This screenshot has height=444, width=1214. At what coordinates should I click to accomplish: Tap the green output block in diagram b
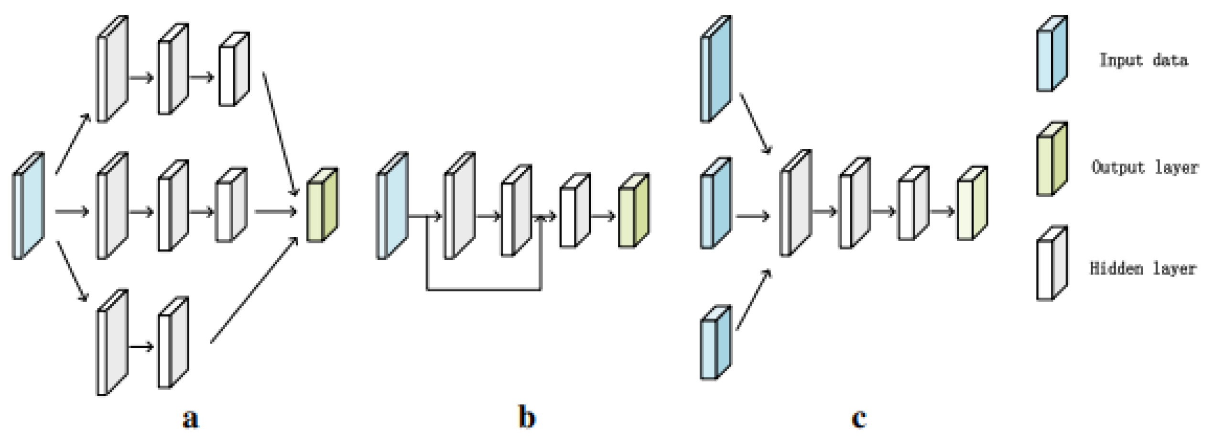click(634, 211)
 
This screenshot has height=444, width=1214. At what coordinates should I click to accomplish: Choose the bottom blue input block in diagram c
click(715, 343)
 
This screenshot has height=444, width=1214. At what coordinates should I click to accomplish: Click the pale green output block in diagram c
click(972, 203)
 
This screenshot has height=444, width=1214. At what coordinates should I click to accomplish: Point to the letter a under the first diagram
click(190, 418)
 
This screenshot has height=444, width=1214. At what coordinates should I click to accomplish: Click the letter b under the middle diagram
click(527, 417)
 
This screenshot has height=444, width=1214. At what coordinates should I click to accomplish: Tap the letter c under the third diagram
click(858, 418)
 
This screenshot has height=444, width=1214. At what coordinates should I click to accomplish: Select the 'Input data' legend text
click(1143, 60)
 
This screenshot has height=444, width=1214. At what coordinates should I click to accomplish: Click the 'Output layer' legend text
click(1145, 167)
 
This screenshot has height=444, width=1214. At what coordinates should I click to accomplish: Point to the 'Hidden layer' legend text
click(1143, 268)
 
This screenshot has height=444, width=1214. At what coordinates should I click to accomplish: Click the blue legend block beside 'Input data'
click(1051, 54)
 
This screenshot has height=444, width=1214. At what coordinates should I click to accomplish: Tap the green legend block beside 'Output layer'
click(1051, 159)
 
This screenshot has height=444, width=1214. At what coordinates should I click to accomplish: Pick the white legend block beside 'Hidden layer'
click(1051, 264)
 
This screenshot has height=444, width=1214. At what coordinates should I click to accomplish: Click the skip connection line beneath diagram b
click(483, 289)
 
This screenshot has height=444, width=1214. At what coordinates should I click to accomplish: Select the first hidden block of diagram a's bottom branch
click(112, 343)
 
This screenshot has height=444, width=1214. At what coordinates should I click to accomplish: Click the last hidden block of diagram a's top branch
click(234, 69)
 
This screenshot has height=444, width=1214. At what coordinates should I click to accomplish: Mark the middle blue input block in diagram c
click(715, 203)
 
